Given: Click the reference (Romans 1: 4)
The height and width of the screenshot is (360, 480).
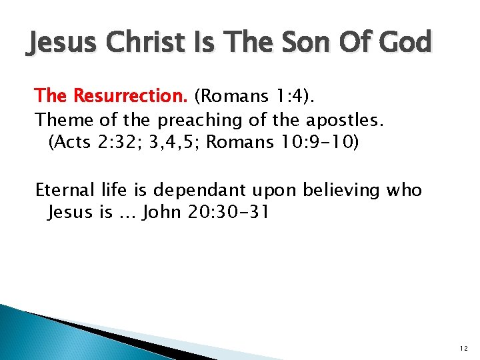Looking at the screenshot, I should pos(255,96).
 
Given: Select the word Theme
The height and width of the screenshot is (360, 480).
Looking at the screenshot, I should pos(61,120).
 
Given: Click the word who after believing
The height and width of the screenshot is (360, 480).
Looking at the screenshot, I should pos(405,190).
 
